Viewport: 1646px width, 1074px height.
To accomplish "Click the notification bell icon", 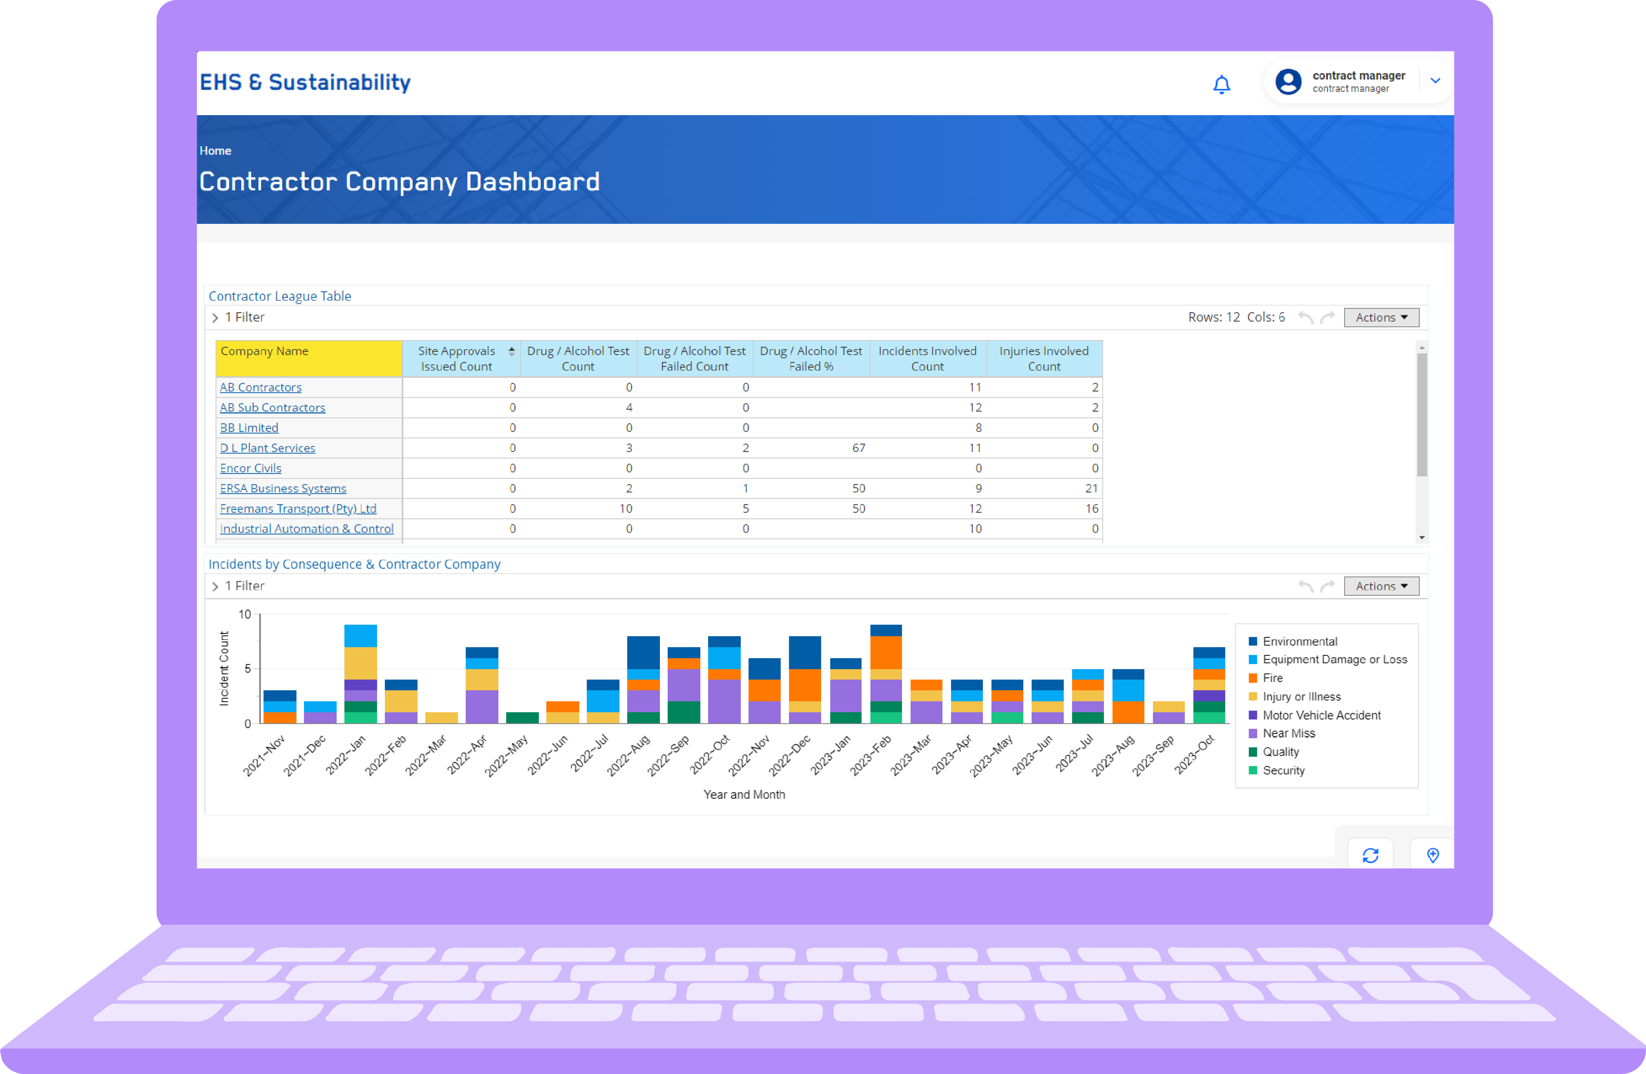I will (x=1221, y=84).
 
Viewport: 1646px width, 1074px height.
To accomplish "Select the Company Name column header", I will (x=308, y=358).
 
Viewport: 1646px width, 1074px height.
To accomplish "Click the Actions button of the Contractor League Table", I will (x=1380, y=317).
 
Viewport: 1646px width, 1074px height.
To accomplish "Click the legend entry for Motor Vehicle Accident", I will (x=1321, y=715).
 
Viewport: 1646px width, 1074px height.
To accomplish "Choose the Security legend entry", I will (x=1283, y=771).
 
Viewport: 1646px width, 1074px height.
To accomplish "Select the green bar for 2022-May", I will (x=522, y=718).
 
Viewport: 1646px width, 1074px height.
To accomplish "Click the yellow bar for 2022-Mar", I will (x=441, y=718).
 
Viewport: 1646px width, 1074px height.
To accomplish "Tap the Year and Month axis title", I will (x=744, y=795).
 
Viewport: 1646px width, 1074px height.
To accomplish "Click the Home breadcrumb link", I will (x=215, y=151).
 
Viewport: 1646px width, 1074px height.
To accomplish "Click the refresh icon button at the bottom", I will (x=1370, y=855).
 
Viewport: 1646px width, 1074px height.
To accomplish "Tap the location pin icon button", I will (x=1432, y=855).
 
